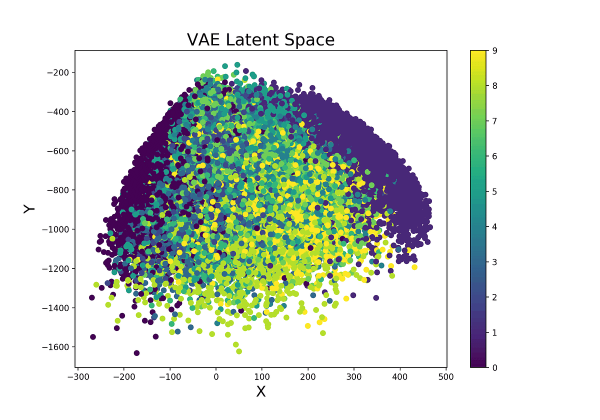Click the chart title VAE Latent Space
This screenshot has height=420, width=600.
(x=260, y=39)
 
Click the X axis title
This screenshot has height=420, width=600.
(x=261, y=391)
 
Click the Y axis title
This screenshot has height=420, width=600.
(x=29, y=209)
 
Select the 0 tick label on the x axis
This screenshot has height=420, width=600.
(x=216, y=376)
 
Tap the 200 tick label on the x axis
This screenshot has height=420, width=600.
(x=308, y=376)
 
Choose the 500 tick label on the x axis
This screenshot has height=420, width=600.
(x=446, y=376)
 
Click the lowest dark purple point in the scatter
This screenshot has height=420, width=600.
(x=136, y=353)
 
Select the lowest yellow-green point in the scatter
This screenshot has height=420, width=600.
(x=239, y=351)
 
